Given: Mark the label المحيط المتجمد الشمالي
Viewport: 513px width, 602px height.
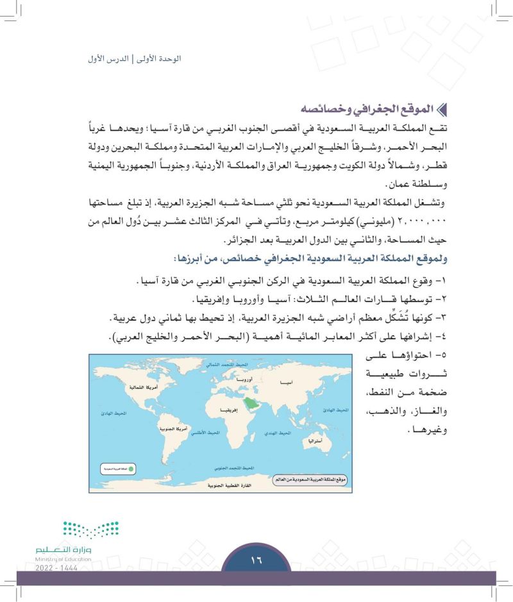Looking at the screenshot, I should point(221,364).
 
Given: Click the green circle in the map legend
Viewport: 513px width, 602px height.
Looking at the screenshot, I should point(131,469).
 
